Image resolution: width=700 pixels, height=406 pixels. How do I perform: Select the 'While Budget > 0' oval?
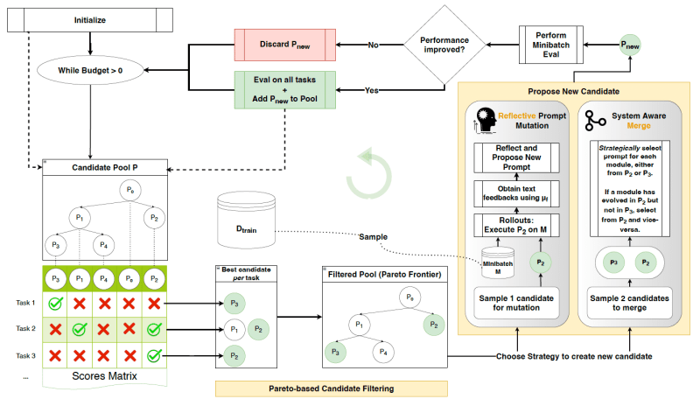pyautogui.click(x=90, y=67)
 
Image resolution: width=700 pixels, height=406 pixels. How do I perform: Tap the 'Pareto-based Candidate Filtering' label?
pyautogui.click(x=331, y=388)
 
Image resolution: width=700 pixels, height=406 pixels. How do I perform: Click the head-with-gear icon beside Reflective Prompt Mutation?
pyautogui.click(x=480, y=121)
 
